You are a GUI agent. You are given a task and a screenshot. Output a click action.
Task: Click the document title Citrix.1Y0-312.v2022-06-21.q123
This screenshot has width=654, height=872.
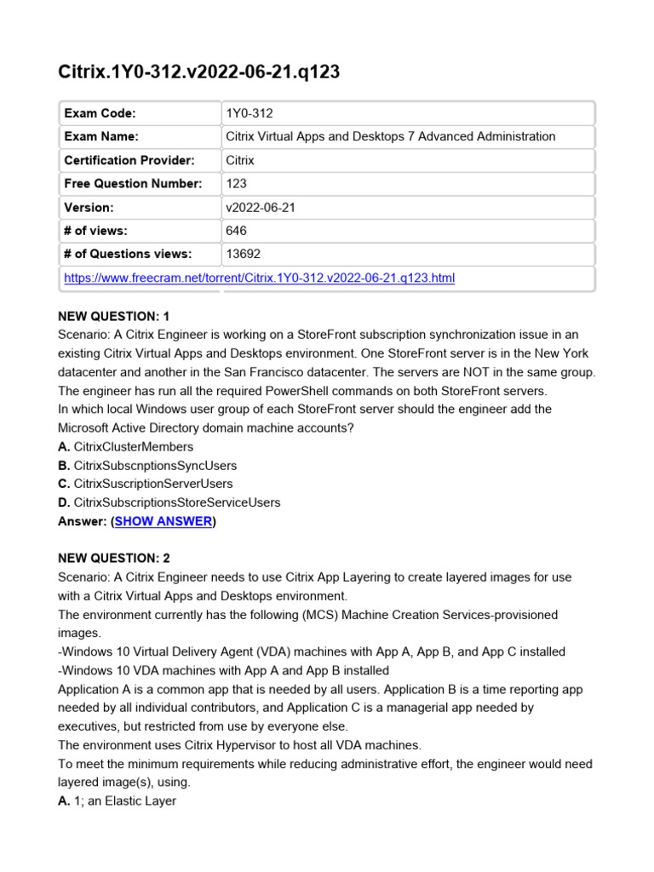[x=198, y=72]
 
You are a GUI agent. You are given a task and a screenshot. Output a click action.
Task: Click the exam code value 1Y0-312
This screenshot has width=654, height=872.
[x=250, y=113]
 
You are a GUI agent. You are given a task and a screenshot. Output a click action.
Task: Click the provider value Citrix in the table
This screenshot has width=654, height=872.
[x=240, y=160]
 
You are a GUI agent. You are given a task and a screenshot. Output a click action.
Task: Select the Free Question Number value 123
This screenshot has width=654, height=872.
[x=236, y=183]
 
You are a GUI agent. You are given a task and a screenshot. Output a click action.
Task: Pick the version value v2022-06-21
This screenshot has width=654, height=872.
[x=260, y=207]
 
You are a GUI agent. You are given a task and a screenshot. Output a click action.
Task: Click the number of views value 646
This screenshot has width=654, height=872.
[x=236, y=230]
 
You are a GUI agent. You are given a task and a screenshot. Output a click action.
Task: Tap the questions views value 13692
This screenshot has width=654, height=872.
[x=243, y=254]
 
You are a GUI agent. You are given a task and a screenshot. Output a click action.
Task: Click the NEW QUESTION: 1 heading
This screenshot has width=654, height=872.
[x=114, y=316]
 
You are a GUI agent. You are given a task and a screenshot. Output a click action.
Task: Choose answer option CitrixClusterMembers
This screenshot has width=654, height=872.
[x=133, y=446]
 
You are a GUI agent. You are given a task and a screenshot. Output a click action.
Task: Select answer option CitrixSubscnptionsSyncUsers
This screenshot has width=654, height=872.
[x=155, y=465]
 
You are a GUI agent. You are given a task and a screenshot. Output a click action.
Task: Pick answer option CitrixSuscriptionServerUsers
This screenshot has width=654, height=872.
[x=152, y=484]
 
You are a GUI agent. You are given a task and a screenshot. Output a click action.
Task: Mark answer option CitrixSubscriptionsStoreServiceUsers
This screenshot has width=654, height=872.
[x=176, y=502]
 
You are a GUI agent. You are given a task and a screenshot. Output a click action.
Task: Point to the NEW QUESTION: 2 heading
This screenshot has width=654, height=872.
[x=114, y=559]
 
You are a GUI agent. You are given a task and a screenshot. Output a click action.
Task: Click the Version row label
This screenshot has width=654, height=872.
[x=89, y=207]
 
